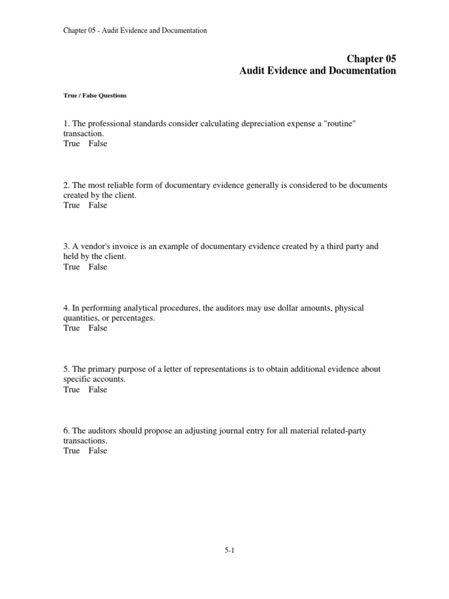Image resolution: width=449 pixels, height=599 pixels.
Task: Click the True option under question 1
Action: click(71, 143)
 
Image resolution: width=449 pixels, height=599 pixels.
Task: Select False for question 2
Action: click(98, 205)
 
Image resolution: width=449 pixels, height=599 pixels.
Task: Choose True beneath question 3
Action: click(71, 267)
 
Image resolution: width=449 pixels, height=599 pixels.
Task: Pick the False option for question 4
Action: click(98, 328)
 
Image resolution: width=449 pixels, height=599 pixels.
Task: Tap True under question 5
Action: click(71, 390)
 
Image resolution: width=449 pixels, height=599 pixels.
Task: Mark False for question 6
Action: click(98, 451)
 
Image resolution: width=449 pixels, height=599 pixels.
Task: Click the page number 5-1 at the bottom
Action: click(229, 550)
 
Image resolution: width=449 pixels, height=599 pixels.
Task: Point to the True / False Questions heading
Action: click(95, 96)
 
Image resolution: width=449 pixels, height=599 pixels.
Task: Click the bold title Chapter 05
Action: click(371, 58)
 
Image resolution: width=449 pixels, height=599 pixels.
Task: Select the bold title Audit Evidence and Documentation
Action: click(317, 71)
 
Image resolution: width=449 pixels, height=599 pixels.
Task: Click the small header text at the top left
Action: click(135, 30)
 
